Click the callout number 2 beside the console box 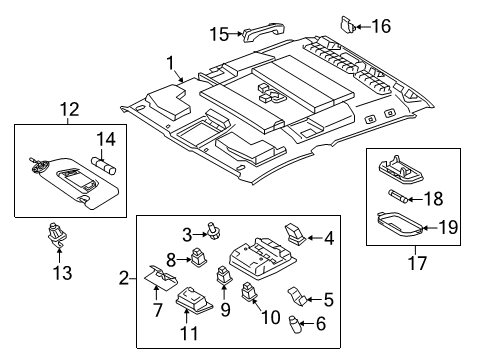click(125, 277)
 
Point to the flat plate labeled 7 click(156, 278)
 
